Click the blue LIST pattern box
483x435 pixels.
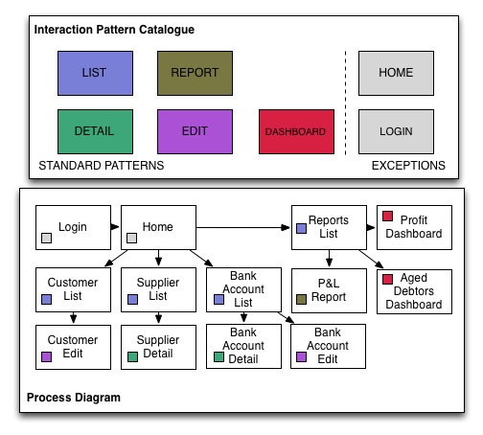coord(95,73)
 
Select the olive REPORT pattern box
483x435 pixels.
coord(195,73)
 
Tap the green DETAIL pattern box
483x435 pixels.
coord(95,131)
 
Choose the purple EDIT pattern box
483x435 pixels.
coord(195,131)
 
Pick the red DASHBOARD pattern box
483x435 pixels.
coord(296,131)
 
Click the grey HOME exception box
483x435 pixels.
coord(396,73)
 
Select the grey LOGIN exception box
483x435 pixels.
coord(396,131)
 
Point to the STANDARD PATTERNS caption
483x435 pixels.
coord(102,166)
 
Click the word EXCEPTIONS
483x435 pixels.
coord(408,166)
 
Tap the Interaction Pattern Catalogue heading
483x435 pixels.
coord(114,30)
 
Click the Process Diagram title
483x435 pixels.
coord(74,398)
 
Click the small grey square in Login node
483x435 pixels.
coord(46,238)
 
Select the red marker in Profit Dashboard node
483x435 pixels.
coord(387,216)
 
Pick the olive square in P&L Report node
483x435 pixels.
coord(301,299)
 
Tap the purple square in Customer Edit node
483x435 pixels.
coord(46,356)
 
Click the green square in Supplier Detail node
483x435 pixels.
coord(132,356)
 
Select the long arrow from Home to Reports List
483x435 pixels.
coord(243,227)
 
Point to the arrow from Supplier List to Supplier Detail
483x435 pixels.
coord(158,318)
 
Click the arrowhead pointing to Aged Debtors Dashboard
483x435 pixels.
coord(379,264)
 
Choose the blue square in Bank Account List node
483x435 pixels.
coord(218,299)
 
